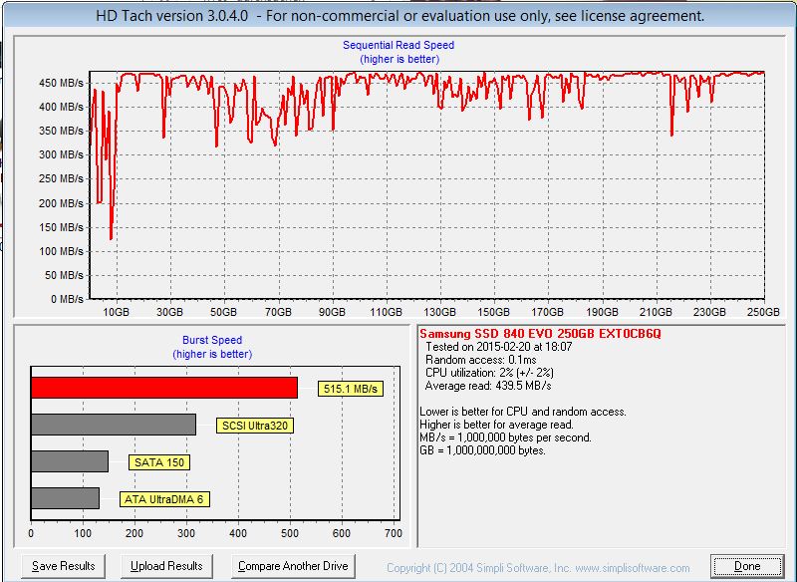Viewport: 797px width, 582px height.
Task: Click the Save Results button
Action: (x=64, y=566)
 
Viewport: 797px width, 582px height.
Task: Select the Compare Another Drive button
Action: (x=293, y=566)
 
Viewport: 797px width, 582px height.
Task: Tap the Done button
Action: (x=747, y=566)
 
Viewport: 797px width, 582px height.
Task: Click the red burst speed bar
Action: (x=164, y=388)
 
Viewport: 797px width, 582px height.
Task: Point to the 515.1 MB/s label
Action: (x=351, y=389)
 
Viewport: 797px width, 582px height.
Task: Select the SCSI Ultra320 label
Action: (x=255, y=426)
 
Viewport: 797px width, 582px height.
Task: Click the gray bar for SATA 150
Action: (x=70, y=461)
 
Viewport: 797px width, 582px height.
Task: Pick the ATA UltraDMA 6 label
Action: (x=164, y=499)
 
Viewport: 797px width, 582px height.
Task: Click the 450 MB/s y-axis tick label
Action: (x=61, y=83)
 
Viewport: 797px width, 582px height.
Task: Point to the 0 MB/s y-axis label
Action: (x=67, y=299)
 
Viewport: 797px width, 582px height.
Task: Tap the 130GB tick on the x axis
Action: (x=439, y=312)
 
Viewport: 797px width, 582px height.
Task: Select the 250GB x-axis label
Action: (x=763, y=312)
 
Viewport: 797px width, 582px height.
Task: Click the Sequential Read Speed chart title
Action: (x=398, y=45)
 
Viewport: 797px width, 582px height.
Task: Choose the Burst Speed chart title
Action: (x=212, y=340)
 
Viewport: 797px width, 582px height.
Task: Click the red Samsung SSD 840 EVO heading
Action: (x=540, y=334)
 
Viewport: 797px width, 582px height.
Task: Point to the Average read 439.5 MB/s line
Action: (x=488, y=386)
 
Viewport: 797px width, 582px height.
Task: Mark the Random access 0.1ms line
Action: (x=481, y=360)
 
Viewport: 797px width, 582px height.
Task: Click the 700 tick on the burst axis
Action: (x=394, y=533)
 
